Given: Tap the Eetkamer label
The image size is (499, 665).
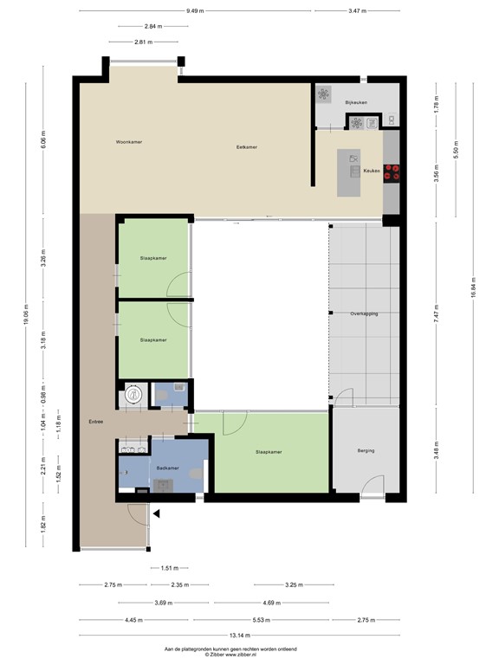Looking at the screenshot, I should tap(247, 147).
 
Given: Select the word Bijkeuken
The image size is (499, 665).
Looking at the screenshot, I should tap(356, 103).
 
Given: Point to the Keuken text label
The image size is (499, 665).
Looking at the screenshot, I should tap(372, 171).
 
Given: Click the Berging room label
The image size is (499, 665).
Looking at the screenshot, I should tap(366, 450).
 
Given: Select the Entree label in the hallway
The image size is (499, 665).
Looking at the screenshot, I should tap(95, 422).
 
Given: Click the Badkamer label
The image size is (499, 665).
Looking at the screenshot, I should tap(167, 468).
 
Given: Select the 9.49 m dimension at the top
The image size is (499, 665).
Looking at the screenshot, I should tap(196, 11).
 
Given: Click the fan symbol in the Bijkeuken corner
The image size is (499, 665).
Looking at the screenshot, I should tap(324, 94).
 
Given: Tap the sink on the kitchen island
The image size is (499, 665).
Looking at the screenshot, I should tap(354, 158).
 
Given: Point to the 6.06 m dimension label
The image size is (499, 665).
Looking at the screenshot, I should tap(42, 140).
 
